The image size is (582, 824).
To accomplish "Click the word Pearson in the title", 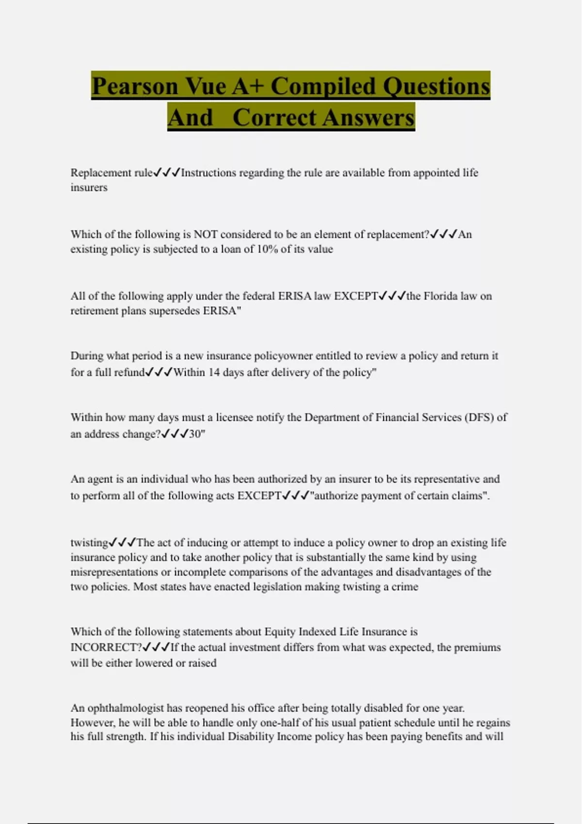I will click(135, 86).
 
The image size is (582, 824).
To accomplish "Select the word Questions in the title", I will click(436, 86).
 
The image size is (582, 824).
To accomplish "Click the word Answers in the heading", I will click(368, 117).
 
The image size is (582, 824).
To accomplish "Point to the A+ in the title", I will click(248, 86).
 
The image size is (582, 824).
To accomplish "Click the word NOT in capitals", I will click(206, 235).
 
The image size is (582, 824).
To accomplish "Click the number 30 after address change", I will click(195, 434).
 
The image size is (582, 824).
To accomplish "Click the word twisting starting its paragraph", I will click(89, 543).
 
